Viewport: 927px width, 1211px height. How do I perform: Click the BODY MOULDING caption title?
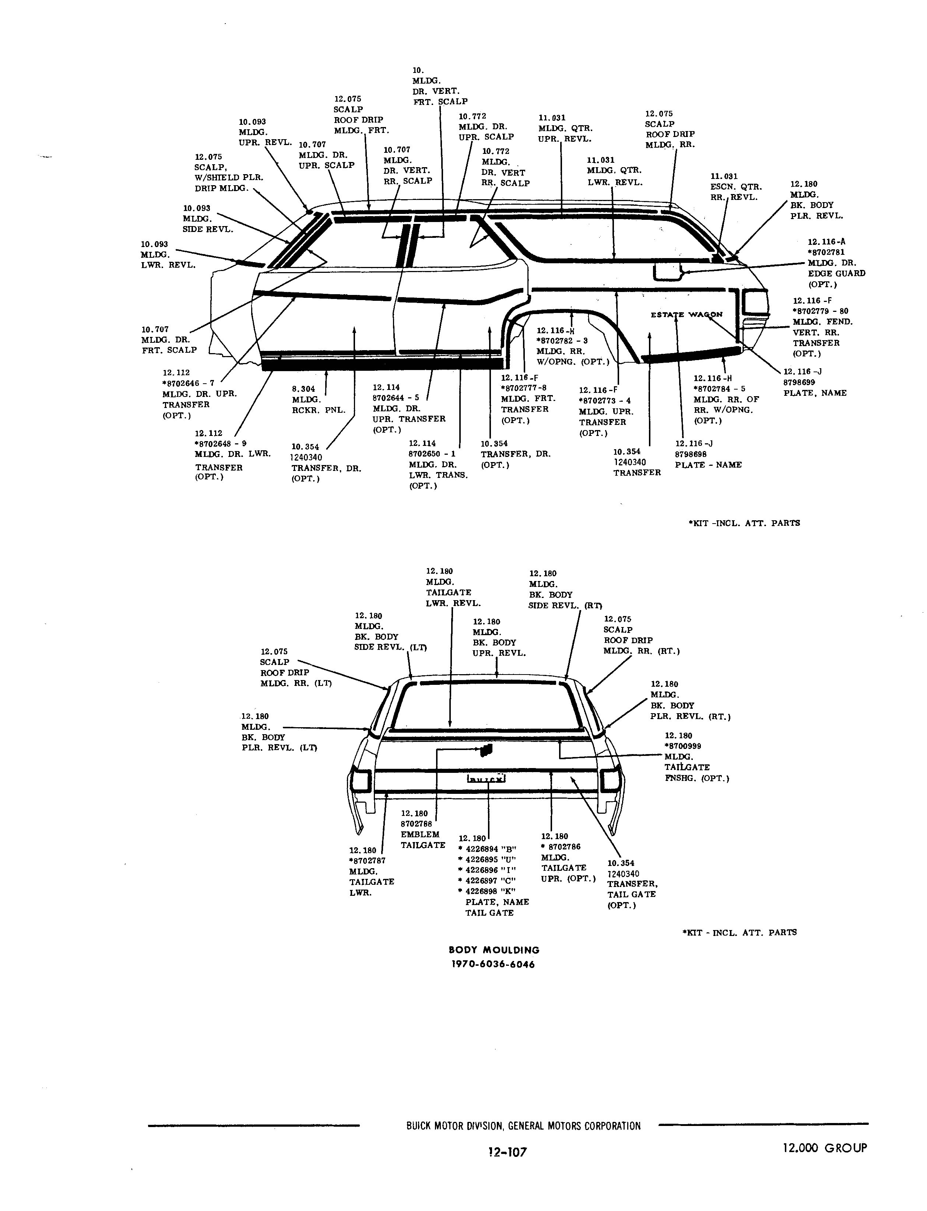pyautogui.click(x=494, y=950)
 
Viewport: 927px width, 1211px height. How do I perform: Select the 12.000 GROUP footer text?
pyautogui.click(x=825, y=1148)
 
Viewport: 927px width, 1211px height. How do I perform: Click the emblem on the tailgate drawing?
pyautogui.click(x=486, y=750)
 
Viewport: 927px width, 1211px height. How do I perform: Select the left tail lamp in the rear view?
pyautogui.click(x=360, y=781)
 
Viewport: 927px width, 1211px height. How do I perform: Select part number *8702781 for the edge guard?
pyautogui.click(x=826, y=252)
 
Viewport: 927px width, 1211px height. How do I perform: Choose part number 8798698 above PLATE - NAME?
pyautogui.click(x=691, y=454)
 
